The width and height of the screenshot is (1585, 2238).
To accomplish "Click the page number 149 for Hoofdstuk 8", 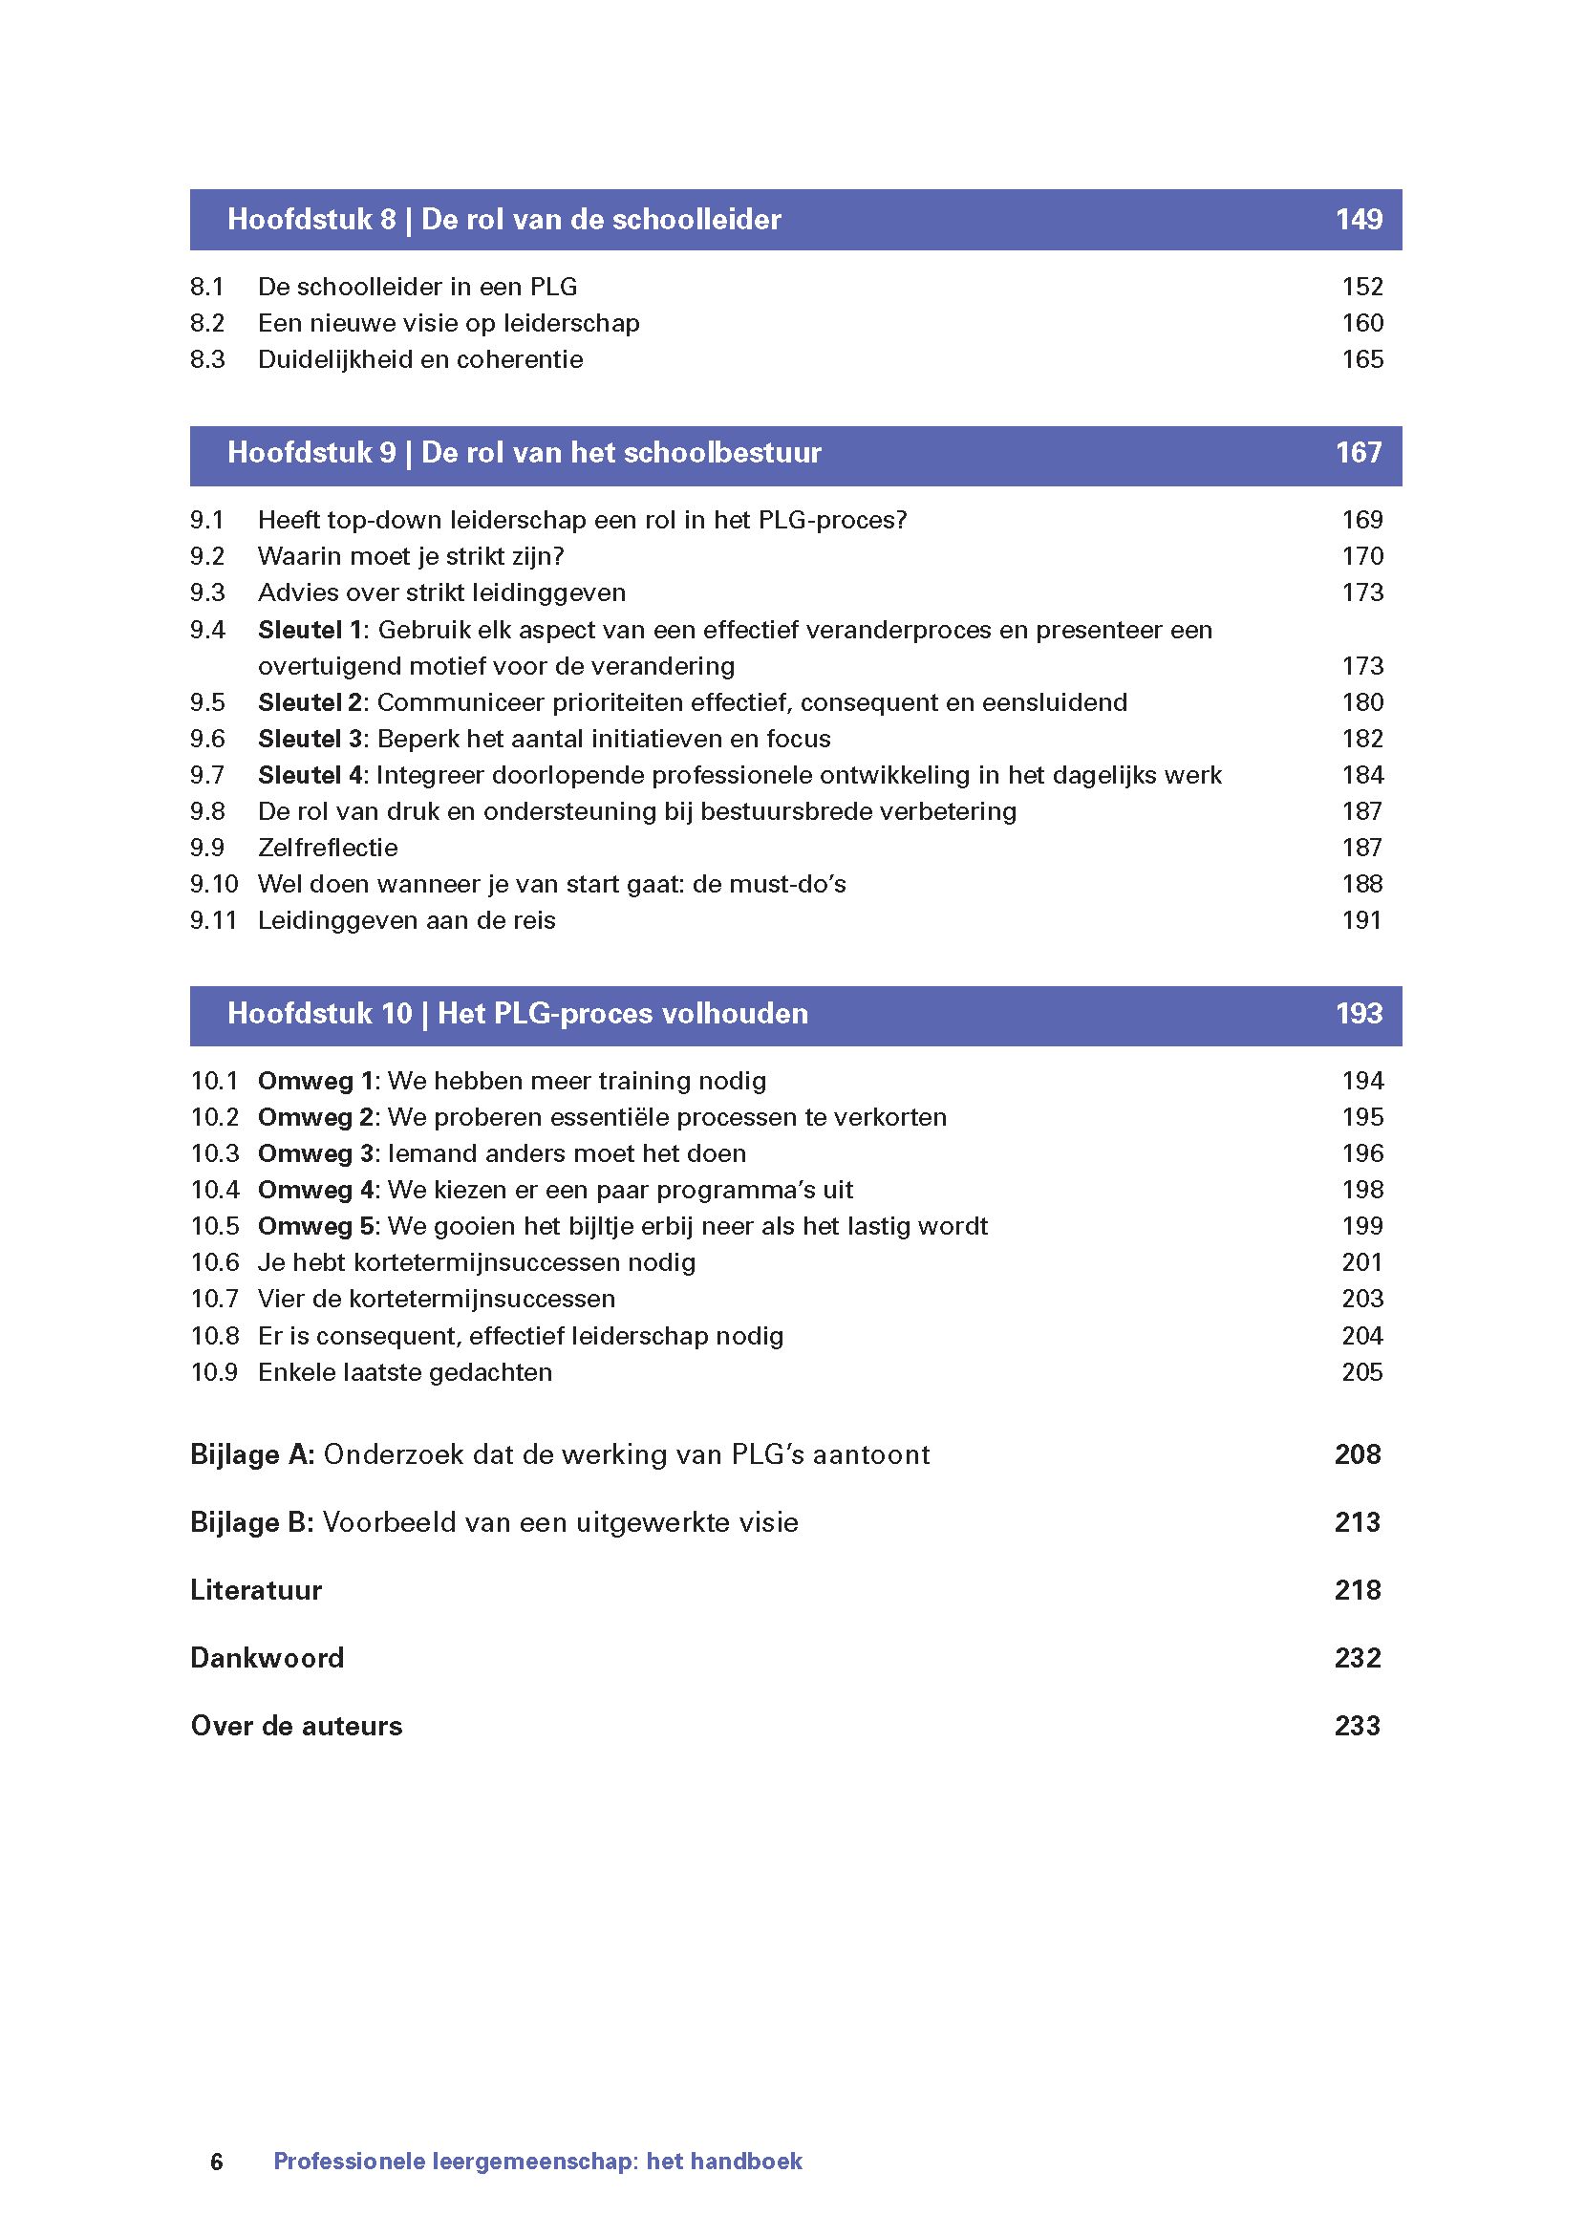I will click(x=1358, y=220).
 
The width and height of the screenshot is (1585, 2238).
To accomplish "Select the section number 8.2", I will click(x=207, y=323).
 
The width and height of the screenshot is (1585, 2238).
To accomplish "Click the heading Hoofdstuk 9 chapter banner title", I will click(x=525, y=453).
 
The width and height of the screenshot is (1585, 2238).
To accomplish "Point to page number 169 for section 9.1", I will click(x=1362, y=520).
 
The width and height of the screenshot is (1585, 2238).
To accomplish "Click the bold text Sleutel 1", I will click(x=310, y=630).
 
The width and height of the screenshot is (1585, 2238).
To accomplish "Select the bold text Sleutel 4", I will click(x=310, y=775).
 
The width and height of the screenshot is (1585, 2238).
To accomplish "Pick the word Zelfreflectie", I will click(x=327, y=848).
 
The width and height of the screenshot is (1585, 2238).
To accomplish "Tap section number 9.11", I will click(x=214, y=920).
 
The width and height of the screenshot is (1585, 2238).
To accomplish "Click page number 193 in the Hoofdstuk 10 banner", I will click(x=1358, y=1014).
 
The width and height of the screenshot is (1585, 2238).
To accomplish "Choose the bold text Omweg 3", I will click(x=316, y=1153).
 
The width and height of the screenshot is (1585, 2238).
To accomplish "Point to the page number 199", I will click(x=1362, y=1226).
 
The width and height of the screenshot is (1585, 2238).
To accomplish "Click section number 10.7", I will click(x=215, y=1299).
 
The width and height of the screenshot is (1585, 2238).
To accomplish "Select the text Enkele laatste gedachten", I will click(x=404, y=1372).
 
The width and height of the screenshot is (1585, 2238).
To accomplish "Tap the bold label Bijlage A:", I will click(x=252, y=1455).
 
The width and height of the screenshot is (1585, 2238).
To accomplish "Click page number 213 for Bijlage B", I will click(x=1357, y=1522).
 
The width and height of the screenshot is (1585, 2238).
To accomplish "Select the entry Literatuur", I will click(x=256, y=1590).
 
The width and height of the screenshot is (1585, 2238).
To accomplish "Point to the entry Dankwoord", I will click(x=267, y=1658).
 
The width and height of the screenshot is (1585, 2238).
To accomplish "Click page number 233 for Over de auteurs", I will click(x=1357, y=1726).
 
